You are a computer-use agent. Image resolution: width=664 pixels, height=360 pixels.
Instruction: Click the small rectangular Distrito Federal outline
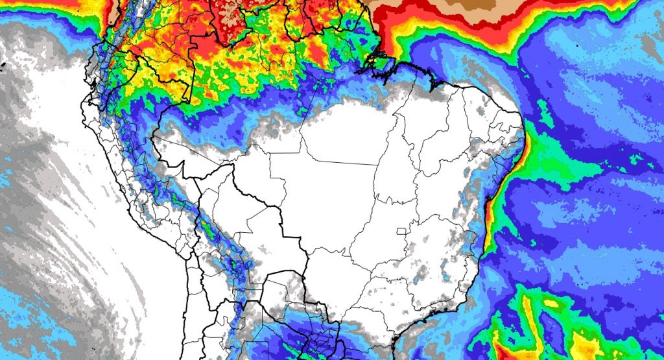tap(401, 230)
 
